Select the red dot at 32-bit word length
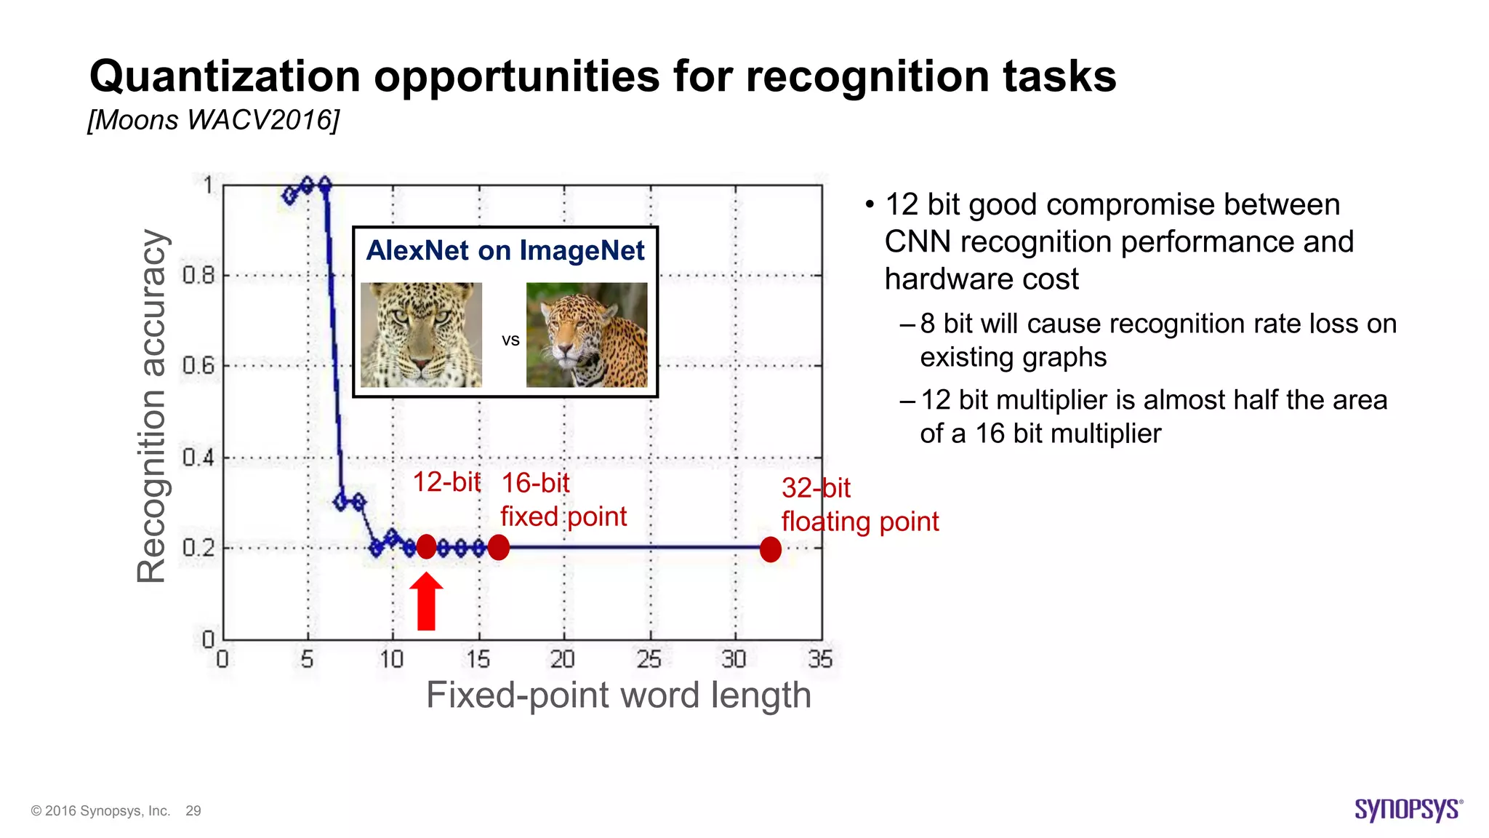point(770,549)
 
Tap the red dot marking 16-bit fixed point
point(499,547)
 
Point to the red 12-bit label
point(446,482)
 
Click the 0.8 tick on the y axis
point(198,276)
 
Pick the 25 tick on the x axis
point(649,659)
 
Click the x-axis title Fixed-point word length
point(618,695)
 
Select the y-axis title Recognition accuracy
point(152,406)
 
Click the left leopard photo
point(421,335)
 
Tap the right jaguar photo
point(587,335)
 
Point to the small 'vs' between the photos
point(510,340)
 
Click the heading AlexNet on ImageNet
point(505,250)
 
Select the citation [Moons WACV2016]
point(213,120)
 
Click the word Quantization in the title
point(225,76)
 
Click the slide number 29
point(193,811)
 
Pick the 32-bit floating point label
point(859,505)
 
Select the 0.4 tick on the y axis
point(198,458)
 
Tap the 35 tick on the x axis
point(820,659)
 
